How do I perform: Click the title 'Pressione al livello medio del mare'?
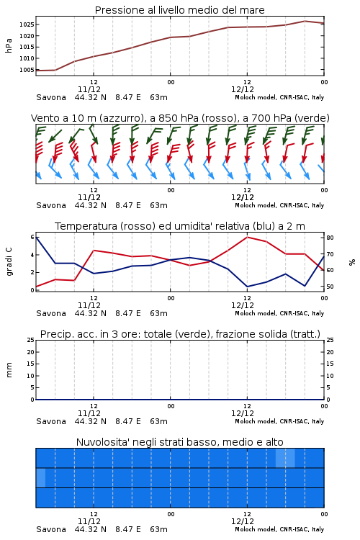[x=179, y=10]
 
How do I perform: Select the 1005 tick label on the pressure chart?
[x=27, y=70]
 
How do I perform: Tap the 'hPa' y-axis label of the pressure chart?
[x=9, y=45]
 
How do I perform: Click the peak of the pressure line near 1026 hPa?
[x=305, y=21]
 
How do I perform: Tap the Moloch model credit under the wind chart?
[x=279, y=205]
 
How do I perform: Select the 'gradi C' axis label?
[x=9, y=262]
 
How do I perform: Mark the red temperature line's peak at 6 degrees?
[x=248, y=237]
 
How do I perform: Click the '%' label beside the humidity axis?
[x=352, y=262]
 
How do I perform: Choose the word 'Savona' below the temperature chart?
[x=51, y=313]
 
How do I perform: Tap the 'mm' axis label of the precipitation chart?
[x=9, y=370]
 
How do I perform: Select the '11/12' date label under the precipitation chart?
[x=89, y=413]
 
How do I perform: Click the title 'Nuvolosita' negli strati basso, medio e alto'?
[x=179, y=442]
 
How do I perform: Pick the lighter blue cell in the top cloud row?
[x=285, y=458]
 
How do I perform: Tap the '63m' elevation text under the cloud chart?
[x=159, y=529]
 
